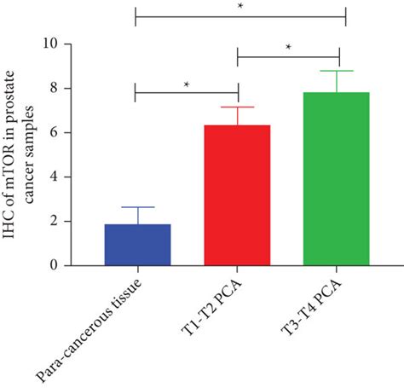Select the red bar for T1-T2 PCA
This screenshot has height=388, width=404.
coord(238,195)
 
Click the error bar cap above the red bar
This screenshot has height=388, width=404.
coord(238,107)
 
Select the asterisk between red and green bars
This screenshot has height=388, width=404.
coord(288,48)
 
